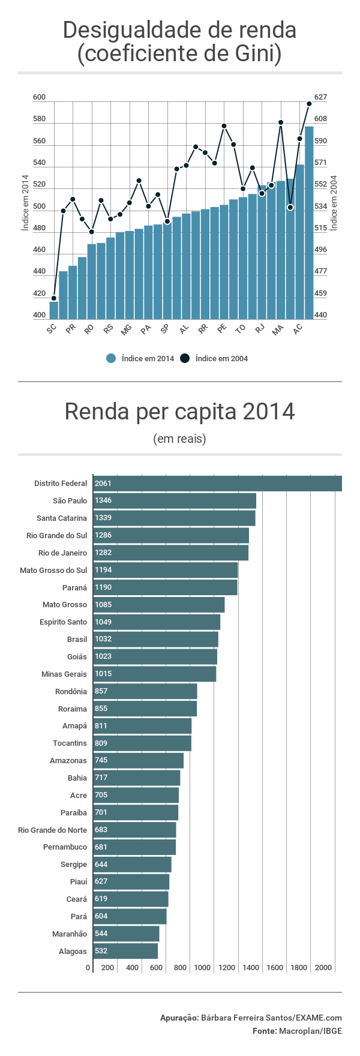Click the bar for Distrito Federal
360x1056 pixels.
(217, 484)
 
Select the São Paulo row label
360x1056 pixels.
(70, 501)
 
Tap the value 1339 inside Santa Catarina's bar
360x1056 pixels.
(103, 518)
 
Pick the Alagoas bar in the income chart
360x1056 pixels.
(125, 951)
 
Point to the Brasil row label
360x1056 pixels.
(77, 640)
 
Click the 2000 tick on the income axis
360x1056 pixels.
(323, 968)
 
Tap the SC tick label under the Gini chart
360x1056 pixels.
(52, 329)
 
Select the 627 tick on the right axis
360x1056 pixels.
(320, 97)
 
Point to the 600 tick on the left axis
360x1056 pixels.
(40, 97)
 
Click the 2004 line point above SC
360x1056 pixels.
(54, 298)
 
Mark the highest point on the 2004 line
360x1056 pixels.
(309, 104)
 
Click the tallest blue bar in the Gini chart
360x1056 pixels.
(309, 222)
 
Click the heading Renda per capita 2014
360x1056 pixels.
(179, 412)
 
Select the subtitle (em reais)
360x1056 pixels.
(179, 439)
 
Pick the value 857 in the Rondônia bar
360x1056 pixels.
(101, 691)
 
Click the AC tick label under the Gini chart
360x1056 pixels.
(298, 329)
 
